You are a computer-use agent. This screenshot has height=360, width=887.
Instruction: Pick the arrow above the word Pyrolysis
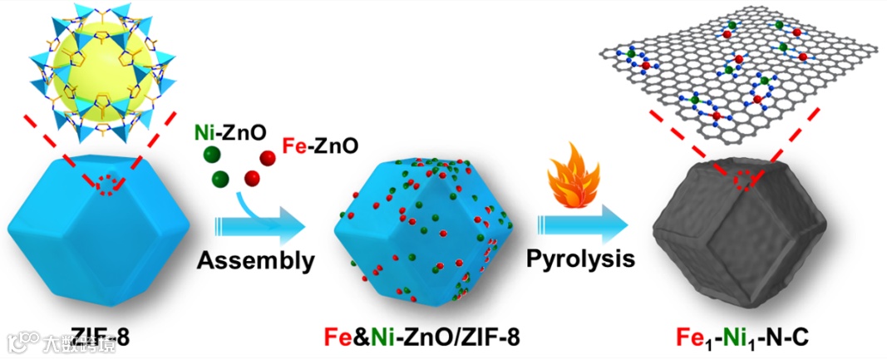(x=580, y=224)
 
